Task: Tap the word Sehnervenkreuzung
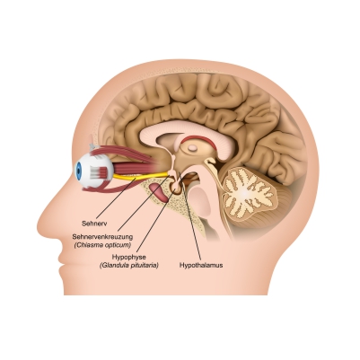102,237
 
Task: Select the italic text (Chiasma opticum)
102,245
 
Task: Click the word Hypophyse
128,257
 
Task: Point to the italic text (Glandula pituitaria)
128,265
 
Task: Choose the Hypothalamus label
201,265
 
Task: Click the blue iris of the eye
78,171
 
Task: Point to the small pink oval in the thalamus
194,147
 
